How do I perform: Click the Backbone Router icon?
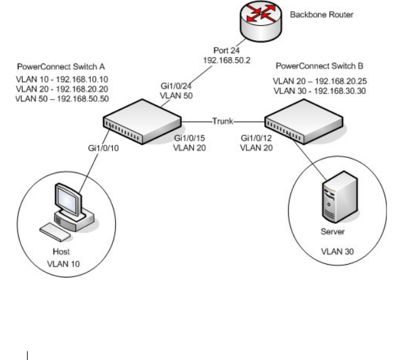[261, 21]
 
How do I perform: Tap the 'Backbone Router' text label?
[322, 14]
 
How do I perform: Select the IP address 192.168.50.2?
[226, 60]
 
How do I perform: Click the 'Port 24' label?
[226, 50]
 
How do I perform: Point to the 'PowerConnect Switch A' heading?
[61, 66]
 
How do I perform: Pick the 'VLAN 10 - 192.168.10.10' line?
[62, 79]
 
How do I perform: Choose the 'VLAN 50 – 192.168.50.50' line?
[62, 98]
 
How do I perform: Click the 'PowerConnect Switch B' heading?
[319, 66]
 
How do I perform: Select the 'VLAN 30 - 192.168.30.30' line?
[320, 91]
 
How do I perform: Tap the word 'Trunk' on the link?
[223, 121]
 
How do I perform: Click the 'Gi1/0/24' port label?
[176, 86]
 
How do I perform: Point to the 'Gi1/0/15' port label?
[189, 138]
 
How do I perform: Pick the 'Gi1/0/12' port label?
[256, 138]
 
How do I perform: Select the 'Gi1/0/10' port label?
[103, 148]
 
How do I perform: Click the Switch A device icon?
[142, 122]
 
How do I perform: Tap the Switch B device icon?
[304, 122]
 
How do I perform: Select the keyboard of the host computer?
[55, 232]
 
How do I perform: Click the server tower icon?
[339, 197]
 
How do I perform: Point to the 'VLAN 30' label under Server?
[337, 251]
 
